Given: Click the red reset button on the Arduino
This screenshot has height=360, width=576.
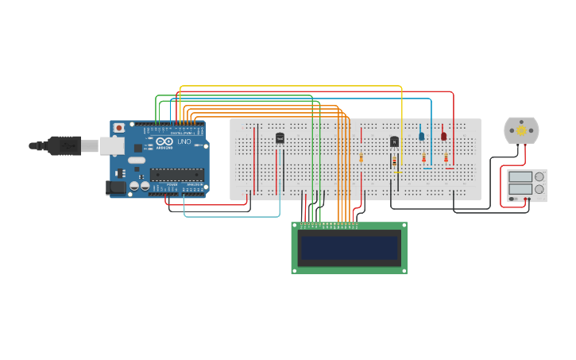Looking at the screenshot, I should click(x=119, y=127).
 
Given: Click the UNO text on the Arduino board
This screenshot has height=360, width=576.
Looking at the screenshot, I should click(x=184, y=141).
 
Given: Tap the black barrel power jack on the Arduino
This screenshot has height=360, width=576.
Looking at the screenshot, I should click(x=116, y=187).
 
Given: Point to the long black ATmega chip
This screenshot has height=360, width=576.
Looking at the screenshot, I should click(x=176, y=174).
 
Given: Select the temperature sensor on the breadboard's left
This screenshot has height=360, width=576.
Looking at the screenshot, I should click(x=280, y=138).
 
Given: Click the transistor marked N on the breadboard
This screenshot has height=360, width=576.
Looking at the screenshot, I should click(x=394, y=141).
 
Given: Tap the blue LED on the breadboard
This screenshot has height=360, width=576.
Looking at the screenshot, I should click(x=422, y=136).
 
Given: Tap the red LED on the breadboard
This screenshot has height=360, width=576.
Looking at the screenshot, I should click(x=444, y=136).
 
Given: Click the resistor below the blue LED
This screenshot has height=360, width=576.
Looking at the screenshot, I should click(x=423, y=158).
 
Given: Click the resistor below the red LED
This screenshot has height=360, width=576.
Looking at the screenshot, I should click(x=446, y=158).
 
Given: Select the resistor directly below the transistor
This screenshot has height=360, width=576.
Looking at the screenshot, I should click(x=394, y=161).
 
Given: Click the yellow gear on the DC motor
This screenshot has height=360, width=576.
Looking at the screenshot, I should click(x=521, y=130).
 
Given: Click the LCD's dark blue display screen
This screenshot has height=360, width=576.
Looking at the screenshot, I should click(x=350, y=247).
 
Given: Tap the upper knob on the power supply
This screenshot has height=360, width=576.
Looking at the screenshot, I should click(x=539, y=177).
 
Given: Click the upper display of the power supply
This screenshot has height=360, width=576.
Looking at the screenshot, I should click(x=520, y=177).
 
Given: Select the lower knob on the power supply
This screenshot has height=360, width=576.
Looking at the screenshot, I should click(x=539, y=189).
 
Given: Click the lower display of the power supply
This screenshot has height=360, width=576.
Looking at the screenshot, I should click(x=520, y=189).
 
